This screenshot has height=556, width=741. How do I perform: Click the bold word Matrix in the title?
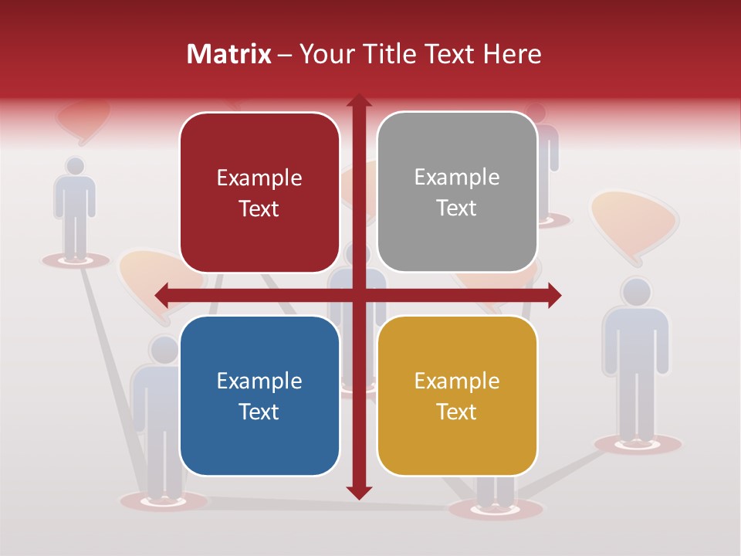229,55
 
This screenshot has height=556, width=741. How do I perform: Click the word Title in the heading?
393,55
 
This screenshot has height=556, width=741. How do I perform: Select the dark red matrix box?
259,192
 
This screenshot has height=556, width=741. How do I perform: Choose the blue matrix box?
259,395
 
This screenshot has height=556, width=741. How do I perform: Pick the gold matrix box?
457,395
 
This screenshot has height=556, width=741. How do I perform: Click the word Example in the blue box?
259,381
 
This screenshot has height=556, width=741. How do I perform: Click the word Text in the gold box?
457,412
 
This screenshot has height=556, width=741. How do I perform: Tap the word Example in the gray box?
457,178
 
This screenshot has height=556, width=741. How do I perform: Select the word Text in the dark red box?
259,208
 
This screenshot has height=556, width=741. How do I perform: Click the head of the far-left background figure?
75,165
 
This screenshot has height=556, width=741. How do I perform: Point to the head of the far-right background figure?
636,291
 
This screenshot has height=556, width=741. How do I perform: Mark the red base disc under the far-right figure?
638,444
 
